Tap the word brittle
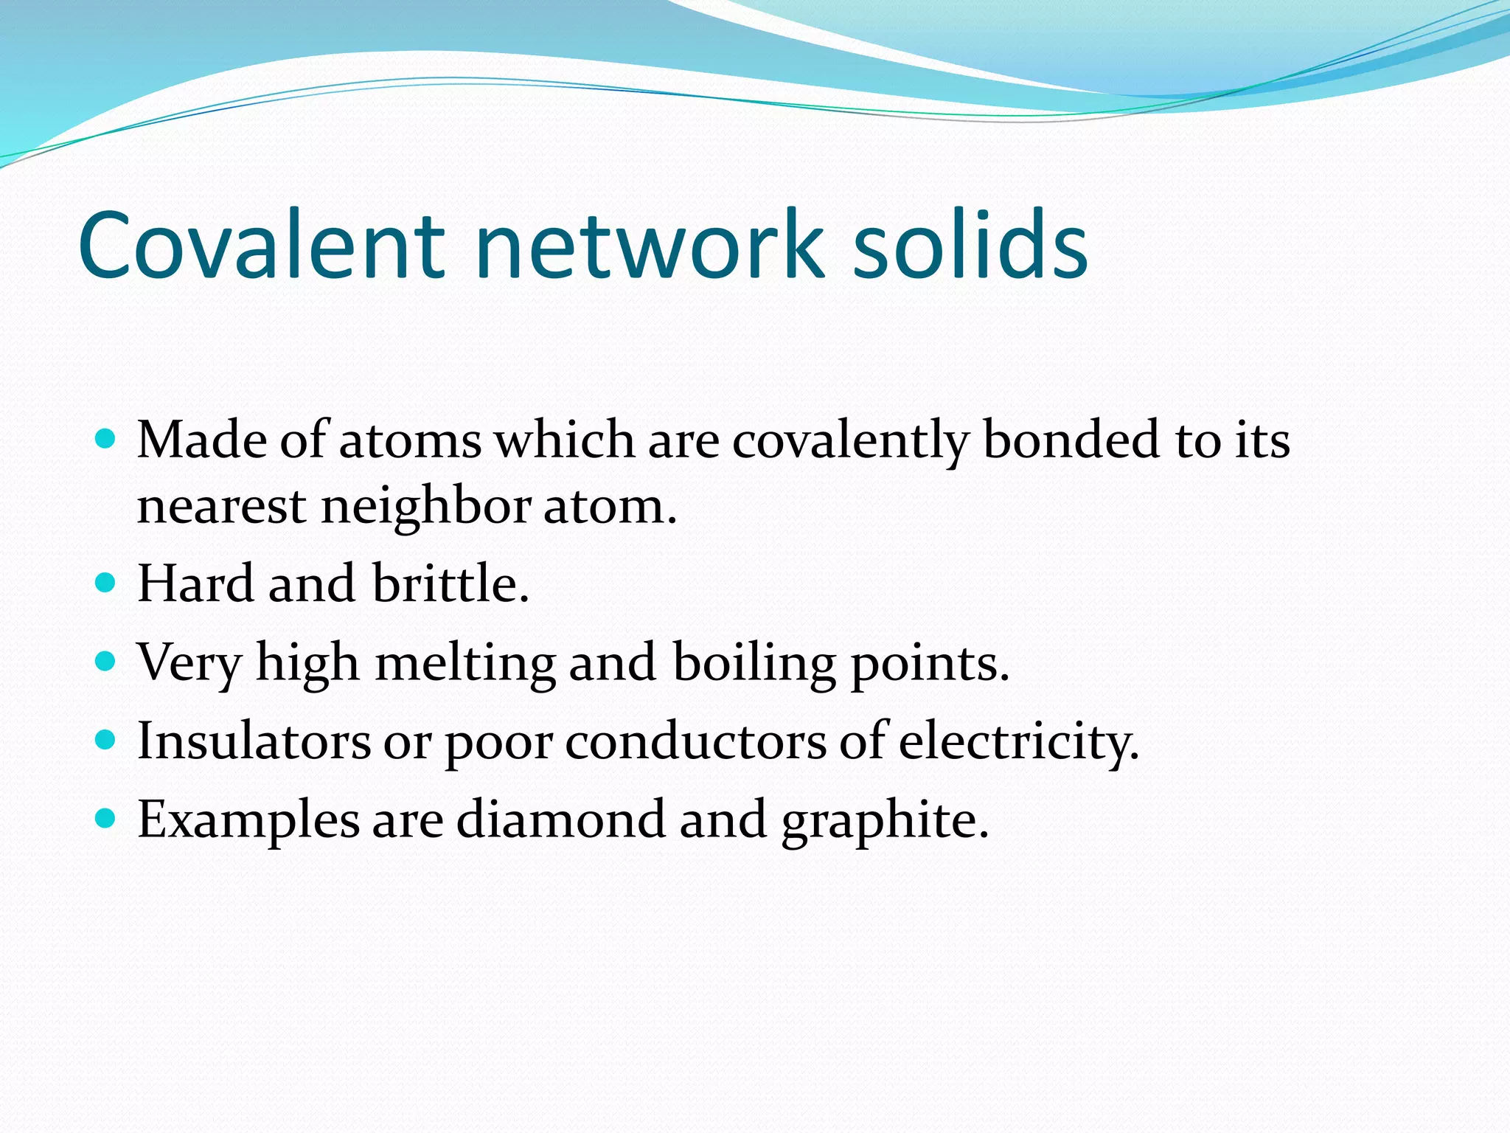[x=450, y=584]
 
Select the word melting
[x=465, y=663]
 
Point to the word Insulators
[x=254, y=741]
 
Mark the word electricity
[x=1018, y=741]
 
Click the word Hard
[x=196, y=584]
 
